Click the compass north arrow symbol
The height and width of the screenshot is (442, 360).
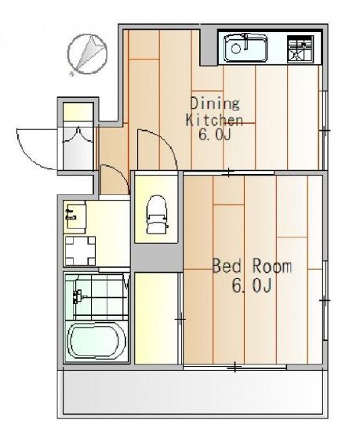(x=87, y=53)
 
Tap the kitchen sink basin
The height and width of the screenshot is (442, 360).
(x=245, y=48)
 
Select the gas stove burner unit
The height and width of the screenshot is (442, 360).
(x=300, y=49)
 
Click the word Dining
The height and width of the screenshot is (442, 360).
(x=215, y=103)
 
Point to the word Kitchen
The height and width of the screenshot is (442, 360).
(x=214, y=120)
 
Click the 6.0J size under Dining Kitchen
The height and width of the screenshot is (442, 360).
(x=215, y=136)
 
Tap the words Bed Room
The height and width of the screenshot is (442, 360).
(x=252, y=266)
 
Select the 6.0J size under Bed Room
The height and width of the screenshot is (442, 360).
(x=252, y=285)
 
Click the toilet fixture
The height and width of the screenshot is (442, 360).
(x=157, y=214)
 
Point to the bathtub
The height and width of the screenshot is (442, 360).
(x=96, y=342)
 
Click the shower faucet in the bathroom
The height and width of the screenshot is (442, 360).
(x=78, y=297)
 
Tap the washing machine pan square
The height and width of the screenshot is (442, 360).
(x=80, y=251)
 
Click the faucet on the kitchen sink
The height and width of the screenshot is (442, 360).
(x=246, y=40)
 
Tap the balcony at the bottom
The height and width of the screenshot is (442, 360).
(x=192, y=393)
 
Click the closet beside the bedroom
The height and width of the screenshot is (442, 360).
(x=157, y=318)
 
